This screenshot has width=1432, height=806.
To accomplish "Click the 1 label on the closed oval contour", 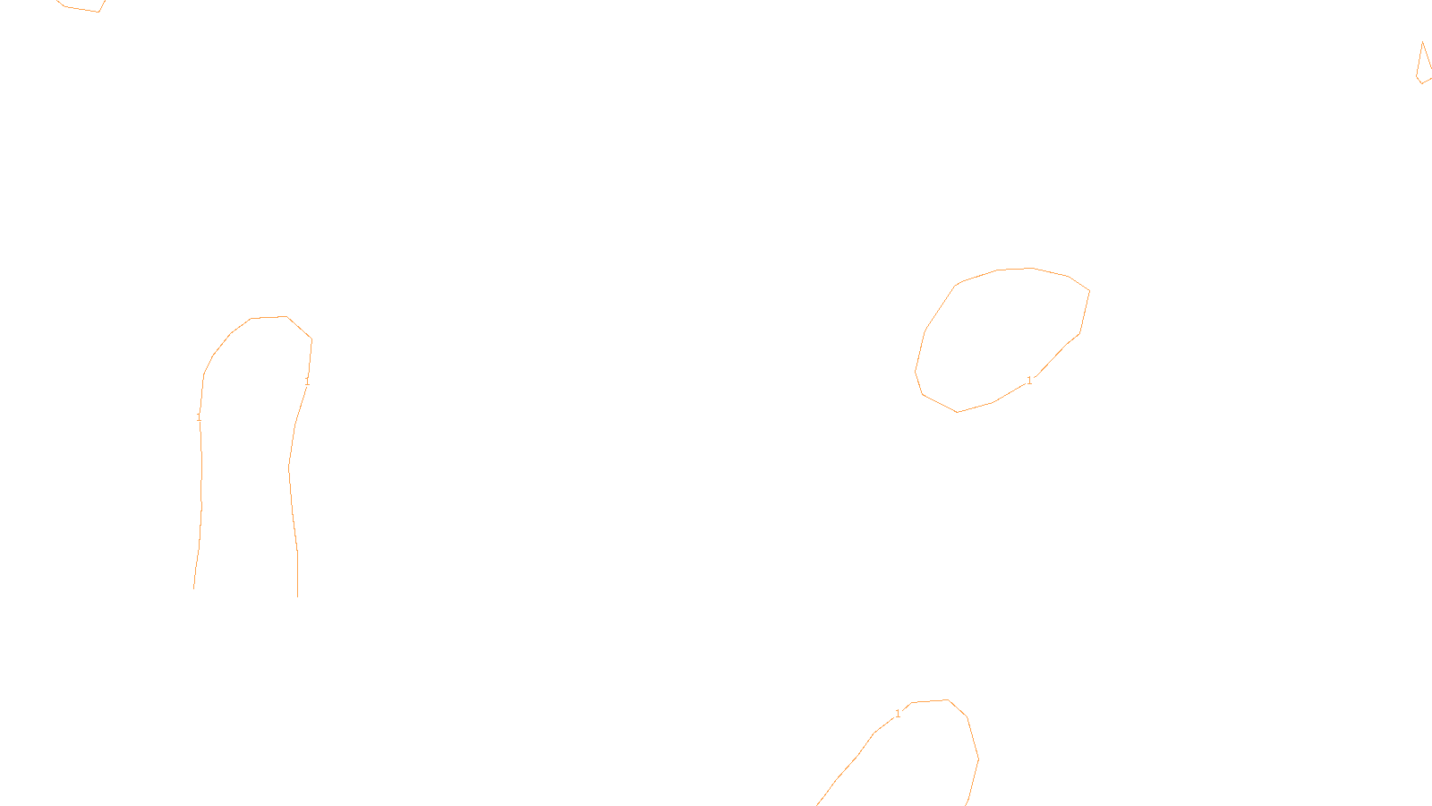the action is coord(1029,381).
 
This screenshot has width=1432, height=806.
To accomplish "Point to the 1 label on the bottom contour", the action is coord(898,714).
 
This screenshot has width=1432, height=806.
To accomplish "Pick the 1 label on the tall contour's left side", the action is coord(199,417).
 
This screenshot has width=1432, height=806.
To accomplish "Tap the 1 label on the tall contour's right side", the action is coord(307,382).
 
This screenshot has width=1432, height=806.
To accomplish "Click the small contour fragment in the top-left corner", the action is coord(81,7).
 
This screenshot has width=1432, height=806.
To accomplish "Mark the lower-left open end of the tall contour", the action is coord(194,587).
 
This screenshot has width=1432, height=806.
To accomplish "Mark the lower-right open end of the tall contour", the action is coord(297,595).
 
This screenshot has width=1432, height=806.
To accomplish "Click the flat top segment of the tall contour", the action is coord(268,317).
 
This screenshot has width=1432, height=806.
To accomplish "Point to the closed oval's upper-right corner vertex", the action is coord(1089,290).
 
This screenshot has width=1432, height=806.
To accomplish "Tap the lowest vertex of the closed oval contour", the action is coord(958,412).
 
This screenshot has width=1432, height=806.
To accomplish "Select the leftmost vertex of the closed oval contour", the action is coord(916,371).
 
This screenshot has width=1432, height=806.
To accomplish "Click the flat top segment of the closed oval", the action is coord(1016,269).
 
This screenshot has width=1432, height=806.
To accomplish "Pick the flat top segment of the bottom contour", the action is coord(930,701).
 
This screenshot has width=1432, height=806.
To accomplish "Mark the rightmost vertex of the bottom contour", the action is coord(978,759).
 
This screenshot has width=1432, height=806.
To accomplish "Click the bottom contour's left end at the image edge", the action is coord(818,804).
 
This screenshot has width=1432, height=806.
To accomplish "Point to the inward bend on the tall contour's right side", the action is coord(289,467).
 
